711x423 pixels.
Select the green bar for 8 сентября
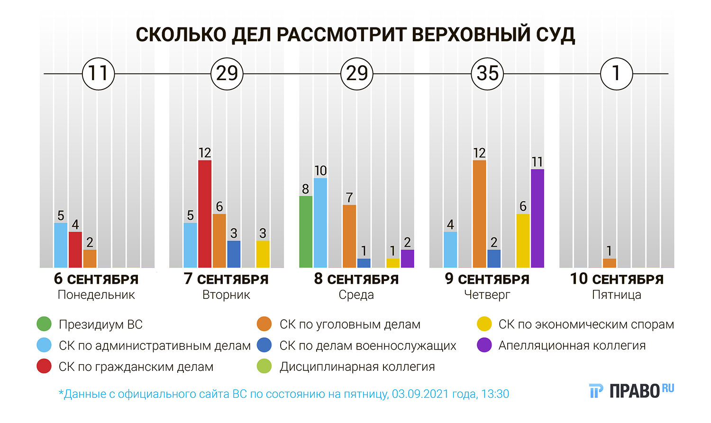[x=306, y=232]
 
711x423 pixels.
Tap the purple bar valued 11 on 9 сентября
[x=537, y=218]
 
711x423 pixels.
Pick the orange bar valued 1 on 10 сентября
[x=609, y=263]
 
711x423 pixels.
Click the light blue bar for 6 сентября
[x=61, y=245]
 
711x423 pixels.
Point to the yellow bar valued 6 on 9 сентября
[x=523, y=241]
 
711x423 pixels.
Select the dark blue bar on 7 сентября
[x=234, y=254]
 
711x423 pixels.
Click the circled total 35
[x=487, y=74]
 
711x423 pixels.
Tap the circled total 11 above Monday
[x=99, y=74]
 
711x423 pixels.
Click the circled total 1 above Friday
[x=616, y=74]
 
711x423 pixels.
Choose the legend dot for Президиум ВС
[x=44, y=324]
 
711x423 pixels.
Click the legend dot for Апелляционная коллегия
[x=484, y=345]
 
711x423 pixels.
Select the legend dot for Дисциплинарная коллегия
[x=264, y=367]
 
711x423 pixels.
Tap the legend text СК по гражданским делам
[x=136, y=367]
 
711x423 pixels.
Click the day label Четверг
[x=487, y=295]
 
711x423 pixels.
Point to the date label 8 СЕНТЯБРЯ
[x=356, y=279]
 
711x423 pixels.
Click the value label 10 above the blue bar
[x=320, y=171]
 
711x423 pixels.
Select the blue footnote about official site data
[x=283, y=394]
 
